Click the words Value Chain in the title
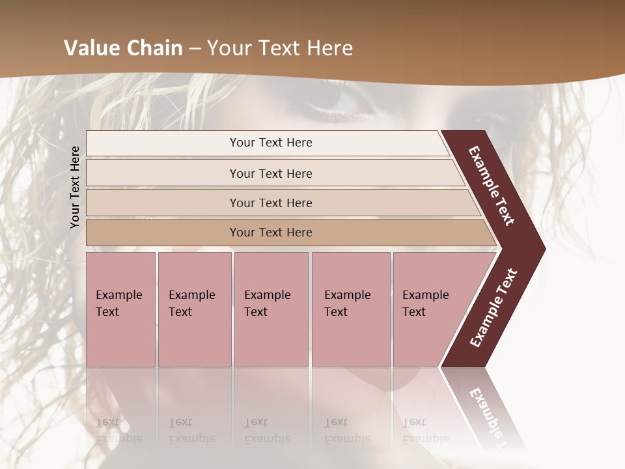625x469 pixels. tap(123, 48)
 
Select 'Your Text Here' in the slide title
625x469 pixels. tap(280, 48)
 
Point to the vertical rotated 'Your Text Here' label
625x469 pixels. tap(75, 187)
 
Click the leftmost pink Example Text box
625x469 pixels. tap(120, 309)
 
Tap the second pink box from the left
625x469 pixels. tap(194, 309)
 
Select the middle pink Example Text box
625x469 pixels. tap(271, 309)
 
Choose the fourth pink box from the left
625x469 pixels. tap(350, 309)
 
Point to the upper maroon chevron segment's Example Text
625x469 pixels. tap(492, 185)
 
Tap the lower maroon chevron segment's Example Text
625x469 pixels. tap(493, 308)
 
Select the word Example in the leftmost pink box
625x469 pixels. tap(118, 295)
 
